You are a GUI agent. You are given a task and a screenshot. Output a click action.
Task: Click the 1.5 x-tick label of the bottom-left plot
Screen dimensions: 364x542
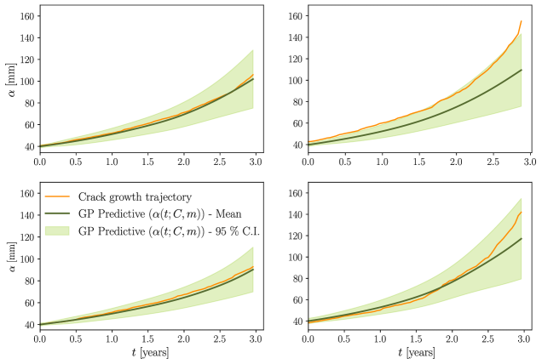click(148, 338)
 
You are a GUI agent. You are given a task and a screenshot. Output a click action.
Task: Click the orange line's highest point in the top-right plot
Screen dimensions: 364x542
click(521, 21)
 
